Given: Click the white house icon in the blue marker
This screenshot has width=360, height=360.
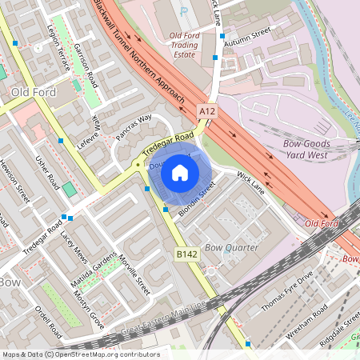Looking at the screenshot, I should pos(180,172).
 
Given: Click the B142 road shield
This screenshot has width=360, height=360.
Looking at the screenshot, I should pos(186,254).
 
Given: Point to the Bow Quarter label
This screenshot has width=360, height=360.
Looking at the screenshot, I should pos(232,248).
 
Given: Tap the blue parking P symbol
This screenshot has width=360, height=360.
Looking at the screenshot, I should pos(184,13).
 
